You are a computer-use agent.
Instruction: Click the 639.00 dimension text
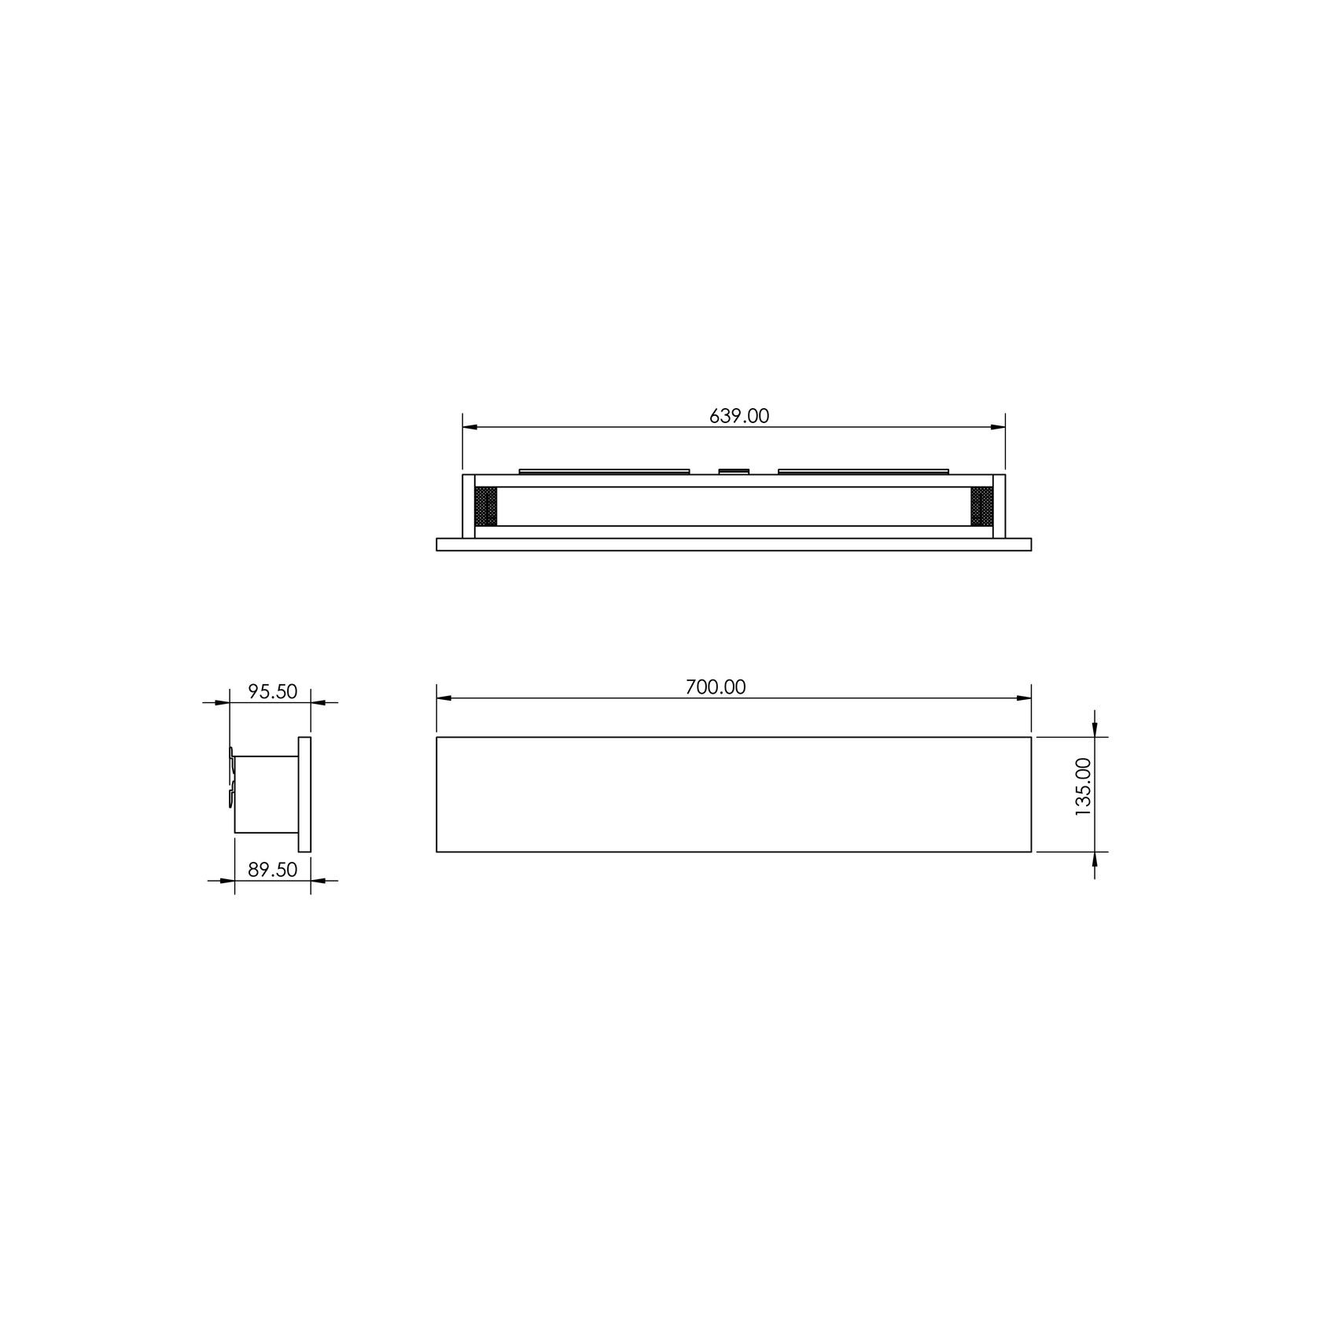[738, 416]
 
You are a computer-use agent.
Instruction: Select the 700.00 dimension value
[715, 687]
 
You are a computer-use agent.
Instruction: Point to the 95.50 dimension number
[272, 691]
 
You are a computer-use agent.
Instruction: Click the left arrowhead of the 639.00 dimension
[469, 427]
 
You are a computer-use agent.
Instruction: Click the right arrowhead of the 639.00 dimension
[999, 427]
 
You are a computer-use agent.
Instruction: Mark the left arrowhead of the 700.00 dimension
[444, 698]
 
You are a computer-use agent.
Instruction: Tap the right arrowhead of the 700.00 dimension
[1025, 698]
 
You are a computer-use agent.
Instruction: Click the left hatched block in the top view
[487, 506]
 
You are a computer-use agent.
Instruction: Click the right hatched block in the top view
[981, 506]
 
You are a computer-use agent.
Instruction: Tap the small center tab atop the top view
[734, 471]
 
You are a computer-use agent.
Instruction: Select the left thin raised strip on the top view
[604, 471]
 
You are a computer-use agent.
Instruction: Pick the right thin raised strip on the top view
[864, 471]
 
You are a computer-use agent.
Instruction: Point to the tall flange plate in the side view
[304, 793]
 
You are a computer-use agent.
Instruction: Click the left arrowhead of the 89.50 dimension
[227, 881]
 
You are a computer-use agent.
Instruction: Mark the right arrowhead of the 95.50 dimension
[318, 702]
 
